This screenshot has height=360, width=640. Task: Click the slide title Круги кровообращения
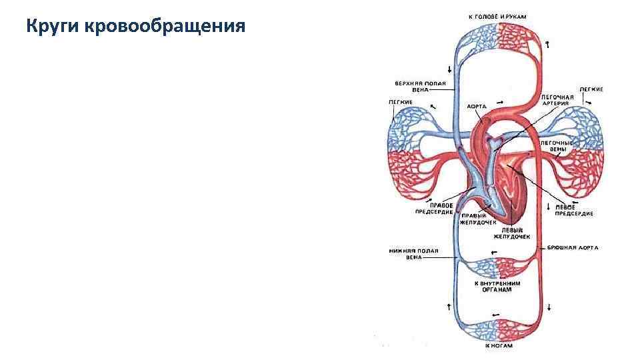(136, 27)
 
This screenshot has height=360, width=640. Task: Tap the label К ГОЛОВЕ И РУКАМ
(496, 15)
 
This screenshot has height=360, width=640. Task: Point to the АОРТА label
(476, 106)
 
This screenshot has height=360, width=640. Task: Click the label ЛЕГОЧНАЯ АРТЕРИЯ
(557, 100)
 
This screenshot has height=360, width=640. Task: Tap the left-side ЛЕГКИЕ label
(401, 102)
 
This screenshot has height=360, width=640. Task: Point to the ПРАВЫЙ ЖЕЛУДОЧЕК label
(478, 219)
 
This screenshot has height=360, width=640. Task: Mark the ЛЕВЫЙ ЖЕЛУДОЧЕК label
(512, 233)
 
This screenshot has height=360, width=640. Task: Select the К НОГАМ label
(499, 347)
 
